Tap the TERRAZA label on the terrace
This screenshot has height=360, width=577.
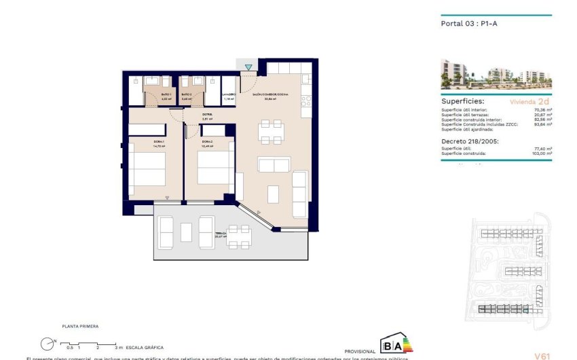221,234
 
